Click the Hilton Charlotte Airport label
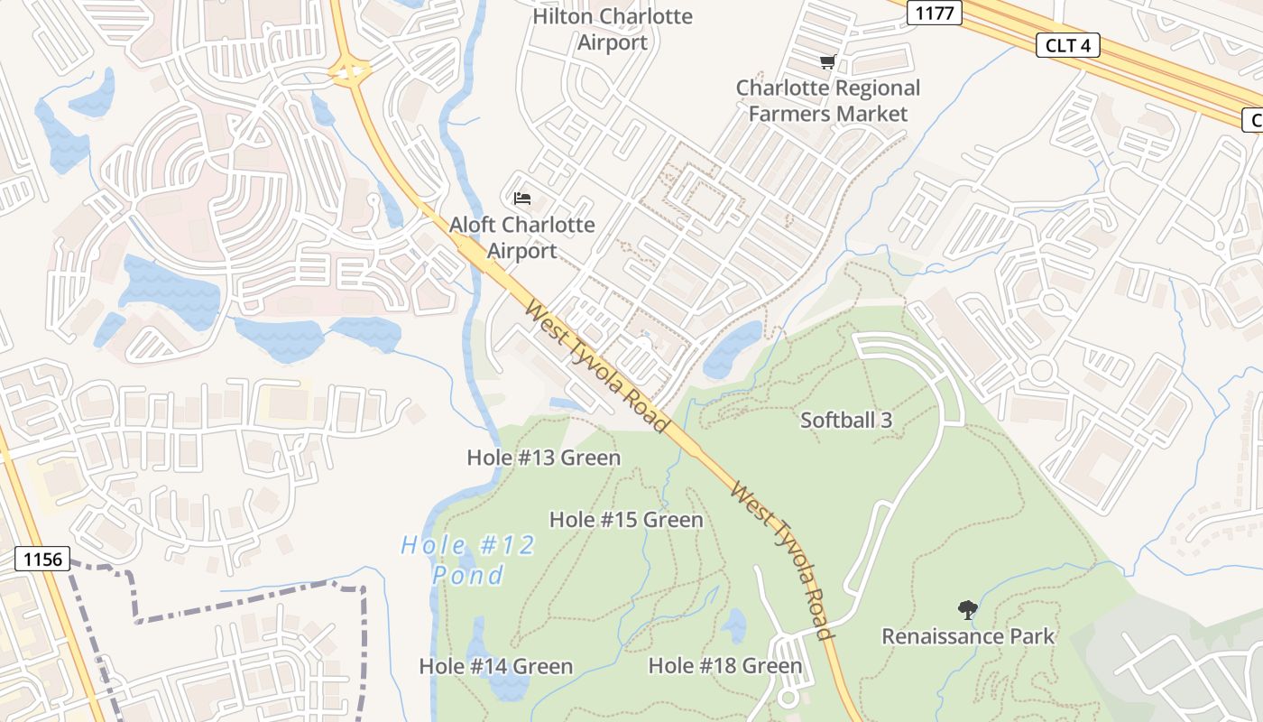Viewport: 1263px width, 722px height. [613, 30]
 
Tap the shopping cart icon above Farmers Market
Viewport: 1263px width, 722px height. [827, 62]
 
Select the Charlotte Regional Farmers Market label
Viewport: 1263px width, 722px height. [828, 101]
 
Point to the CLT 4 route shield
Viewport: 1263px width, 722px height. [1067, 45]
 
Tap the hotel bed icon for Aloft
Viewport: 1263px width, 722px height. [521, 198]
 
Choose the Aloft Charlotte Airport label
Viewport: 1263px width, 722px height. [522, 238]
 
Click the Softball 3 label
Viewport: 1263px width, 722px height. [846, 420]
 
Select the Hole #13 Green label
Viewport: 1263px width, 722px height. [544, 458]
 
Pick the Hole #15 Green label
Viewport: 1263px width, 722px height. [626, 520]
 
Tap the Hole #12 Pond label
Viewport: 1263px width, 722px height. [468, 560]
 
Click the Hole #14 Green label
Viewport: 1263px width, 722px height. [496, 667]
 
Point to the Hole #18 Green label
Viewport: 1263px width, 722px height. [725, 666]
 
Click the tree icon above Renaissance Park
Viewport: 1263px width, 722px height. [968, 610]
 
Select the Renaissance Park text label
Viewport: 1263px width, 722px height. [968, 636]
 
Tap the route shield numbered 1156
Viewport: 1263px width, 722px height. [42, 560]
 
